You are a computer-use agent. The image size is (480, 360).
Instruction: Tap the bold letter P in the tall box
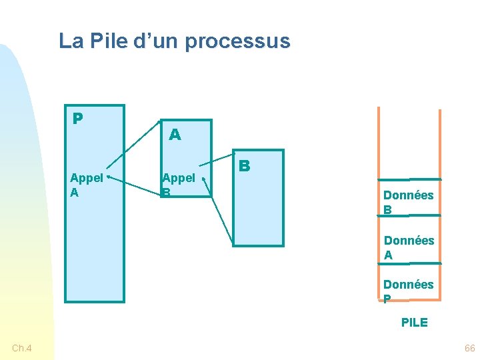click(78, 119)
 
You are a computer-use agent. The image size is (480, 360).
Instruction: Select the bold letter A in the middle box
click(175, 135)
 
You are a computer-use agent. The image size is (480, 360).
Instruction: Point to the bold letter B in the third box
click(245, 165)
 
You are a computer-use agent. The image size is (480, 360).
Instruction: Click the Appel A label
click(86, 185)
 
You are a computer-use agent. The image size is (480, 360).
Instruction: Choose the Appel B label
click(178, 185)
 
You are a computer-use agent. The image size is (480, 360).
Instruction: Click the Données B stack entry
click(408, 202)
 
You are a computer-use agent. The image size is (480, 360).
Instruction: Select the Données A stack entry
click(408, 247)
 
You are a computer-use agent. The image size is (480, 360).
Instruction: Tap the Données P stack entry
click(408, 291)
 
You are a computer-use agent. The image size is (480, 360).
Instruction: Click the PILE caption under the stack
click(414, 323)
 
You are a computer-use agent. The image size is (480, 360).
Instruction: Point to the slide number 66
click(469, 349)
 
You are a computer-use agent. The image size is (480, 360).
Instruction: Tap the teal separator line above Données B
click(409, 179)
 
